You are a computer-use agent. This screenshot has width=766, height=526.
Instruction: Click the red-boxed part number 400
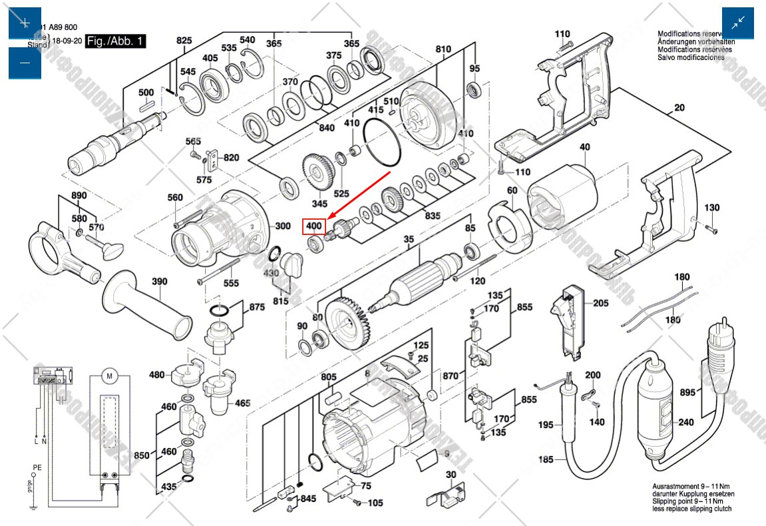pyautogui.click(x=314, y=227)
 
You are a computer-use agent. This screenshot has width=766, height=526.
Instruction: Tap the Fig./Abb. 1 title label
pyautogui.click(x=116, y=41)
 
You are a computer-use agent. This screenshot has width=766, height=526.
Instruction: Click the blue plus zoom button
pyautogui.click(x=25, y=23)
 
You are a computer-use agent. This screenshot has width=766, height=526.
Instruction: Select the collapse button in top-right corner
pyautogui.click(x=738, y=23)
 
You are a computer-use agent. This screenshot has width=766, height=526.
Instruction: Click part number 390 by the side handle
pyautogui.click(x=160, y=282)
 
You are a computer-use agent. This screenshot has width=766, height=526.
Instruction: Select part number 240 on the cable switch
pyautogui.click(x=685, y=423)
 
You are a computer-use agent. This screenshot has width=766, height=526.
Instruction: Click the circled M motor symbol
pyautogui.click(x=108, y=377)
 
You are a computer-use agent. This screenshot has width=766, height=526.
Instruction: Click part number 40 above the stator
pyautogui.click(x=584, y=148)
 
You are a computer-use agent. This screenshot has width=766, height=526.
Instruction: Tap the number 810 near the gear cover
pyautogui.click(x=443, y=49)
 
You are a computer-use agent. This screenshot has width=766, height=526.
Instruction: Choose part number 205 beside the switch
pyautogui.click(x=601, y=303)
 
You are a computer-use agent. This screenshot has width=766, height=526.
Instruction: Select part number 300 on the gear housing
pyautogui.click(x=283, y=226)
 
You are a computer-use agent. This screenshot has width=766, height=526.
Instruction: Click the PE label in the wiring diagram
pyautogui.click(x=37, y=468)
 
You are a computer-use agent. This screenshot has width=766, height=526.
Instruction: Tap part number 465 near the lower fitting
pyautogui.click(x=242, y=403)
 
